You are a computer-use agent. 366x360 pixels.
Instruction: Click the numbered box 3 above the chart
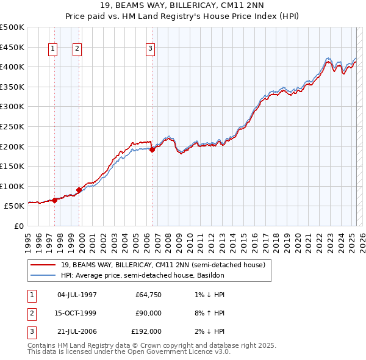(151, 49)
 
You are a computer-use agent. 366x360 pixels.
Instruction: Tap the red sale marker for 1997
(54, 200)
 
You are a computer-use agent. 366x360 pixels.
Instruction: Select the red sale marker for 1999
(79, 190)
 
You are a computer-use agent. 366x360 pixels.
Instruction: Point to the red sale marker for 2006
(152, 149)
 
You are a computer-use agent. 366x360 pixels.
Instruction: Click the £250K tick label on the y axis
(12, 126)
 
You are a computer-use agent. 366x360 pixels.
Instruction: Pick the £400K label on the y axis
(12, 67)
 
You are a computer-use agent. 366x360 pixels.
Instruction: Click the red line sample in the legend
(43, 265)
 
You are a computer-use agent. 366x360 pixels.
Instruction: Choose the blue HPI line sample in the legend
(43, 275)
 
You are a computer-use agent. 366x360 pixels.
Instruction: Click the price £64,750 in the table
(148, 295)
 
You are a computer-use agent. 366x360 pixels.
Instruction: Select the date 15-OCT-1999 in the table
(76, 313)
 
